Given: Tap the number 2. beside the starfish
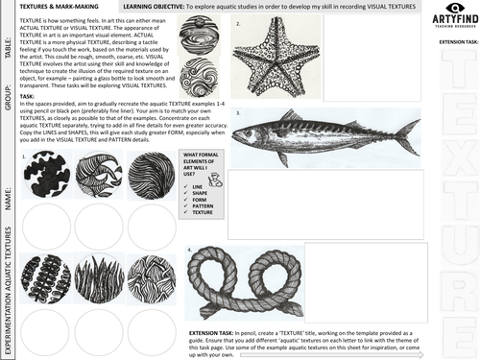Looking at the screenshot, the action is coord(236,22).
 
